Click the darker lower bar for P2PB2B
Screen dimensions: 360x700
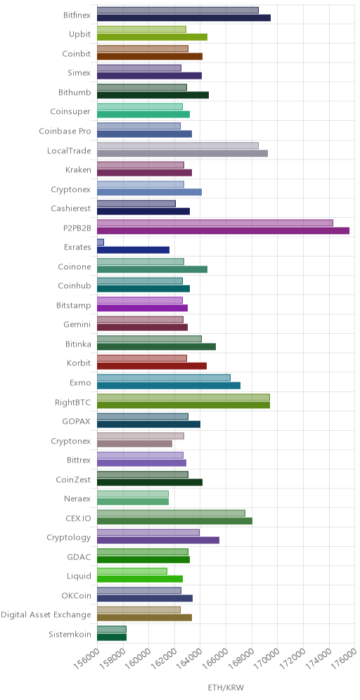coord(223,231)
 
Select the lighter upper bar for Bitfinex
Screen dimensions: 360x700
coord(178,11)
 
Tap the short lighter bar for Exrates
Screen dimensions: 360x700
coord(101,242)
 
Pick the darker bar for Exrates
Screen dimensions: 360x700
coord(133,250)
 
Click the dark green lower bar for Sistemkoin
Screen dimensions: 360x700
coord(112,637)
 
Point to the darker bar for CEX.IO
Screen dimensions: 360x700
coord(174,521)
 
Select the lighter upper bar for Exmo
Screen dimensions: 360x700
coord(163,377)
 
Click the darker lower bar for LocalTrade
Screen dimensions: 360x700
coord(182,153)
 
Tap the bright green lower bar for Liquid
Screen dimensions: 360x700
coord(140,579)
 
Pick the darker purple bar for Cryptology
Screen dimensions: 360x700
coord(158,540)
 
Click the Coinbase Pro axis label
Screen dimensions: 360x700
coord(65,131)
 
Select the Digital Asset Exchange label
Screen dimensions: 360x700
coord(46,615)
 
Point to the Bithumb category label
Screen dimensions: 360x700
coord(75,92)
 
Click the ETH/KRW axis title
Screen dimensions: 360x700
coord(226,687)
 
